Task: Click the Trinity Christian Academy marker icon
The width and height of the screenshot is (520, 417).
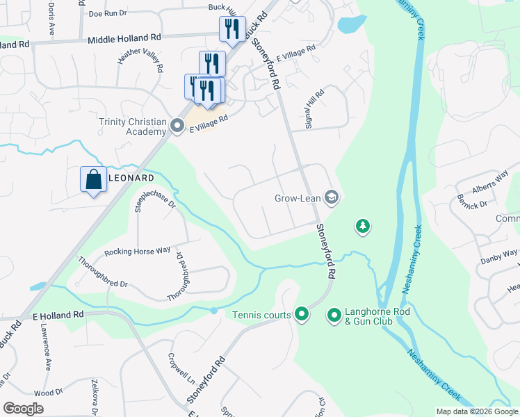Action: (177, 126)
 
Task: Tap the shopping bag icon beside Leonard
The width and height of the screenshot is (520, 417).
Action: (93, 180)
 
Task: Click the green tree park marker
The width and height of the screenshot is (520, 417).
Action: (361, 226)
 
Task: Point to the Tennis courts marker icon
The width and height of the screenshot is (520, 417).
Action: (301, 315)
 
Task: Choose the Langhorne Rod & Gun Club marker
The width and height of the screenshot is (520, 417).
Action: (334, 316)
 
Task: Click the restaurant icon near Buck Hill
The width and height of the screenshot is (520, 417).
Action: (231, 29)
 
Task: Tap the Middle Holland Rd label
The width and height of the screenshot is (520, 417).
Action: (124, 40)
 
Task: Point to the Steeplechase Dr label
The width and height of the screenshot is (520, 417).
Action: (155, 201)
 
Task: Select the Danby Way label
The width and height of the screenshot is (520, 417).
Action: (499, 257)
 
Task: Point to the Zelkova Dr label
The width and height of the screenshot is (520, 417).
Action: (96, 397)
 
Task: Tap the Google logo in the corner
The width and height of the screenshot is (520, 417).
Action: (24, 409)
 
